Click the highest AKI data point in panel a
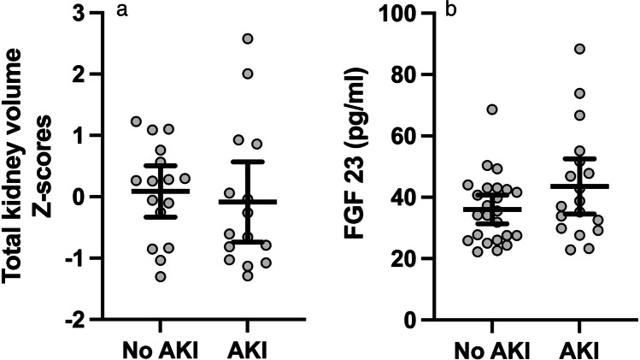248,39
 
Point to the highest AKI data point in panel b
579,50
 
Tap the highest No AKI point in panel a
136,121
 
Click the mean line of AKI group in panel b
579,186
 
